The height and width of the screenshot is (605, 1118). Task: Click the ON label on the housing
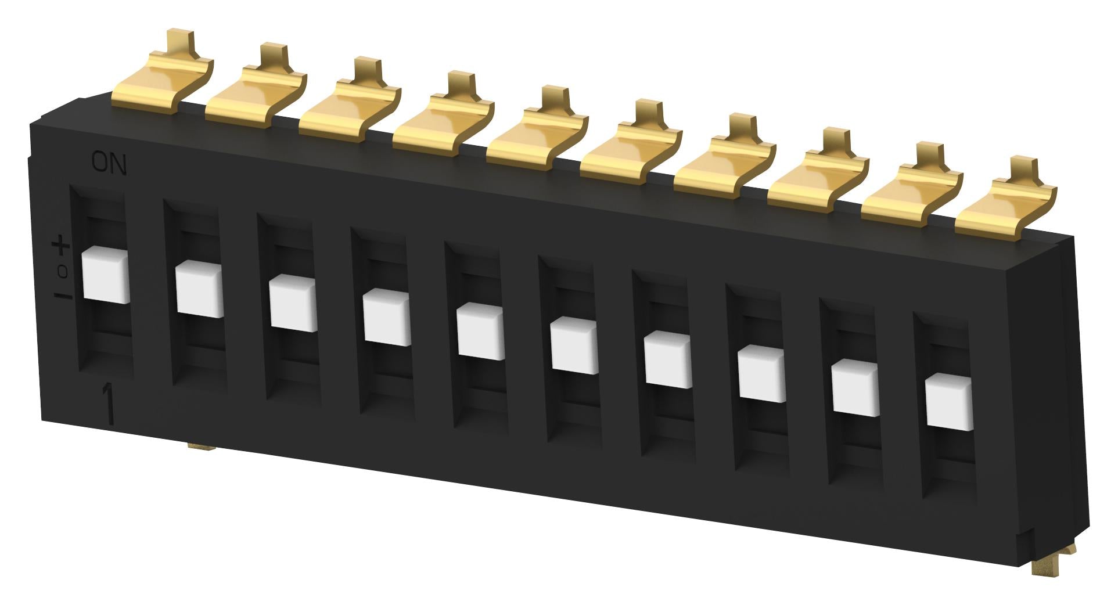109,165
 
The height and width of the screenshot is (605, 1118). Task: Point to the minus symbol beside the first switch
63,297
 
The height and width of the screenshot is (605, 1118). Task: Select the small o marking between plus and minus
63,271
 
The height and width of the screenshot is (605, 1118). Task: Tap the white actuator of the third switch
293,304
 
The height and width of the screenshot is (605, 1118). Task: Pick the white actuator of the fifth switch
480,333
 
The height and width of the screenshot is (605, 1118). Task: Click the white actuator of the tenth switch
948,402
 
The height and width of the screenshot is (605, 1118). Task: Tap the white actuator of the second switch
199,289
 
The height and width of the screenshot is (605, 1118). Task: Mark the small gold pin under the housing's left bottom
201,446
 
